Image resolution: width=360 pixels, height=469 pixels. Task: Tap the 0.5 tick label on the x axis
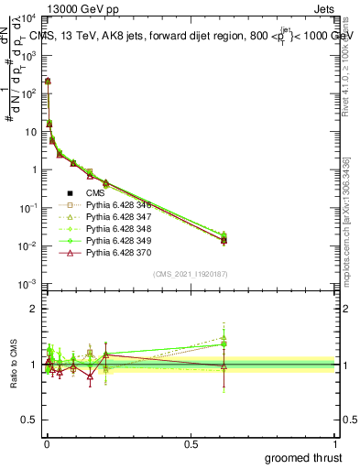coord(191,443)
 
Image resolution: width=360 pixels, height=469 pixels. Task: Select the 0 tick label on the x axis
coord(46,443)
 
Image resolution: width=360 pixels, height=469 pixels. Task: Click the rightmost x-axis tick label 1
coord(335,443)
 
